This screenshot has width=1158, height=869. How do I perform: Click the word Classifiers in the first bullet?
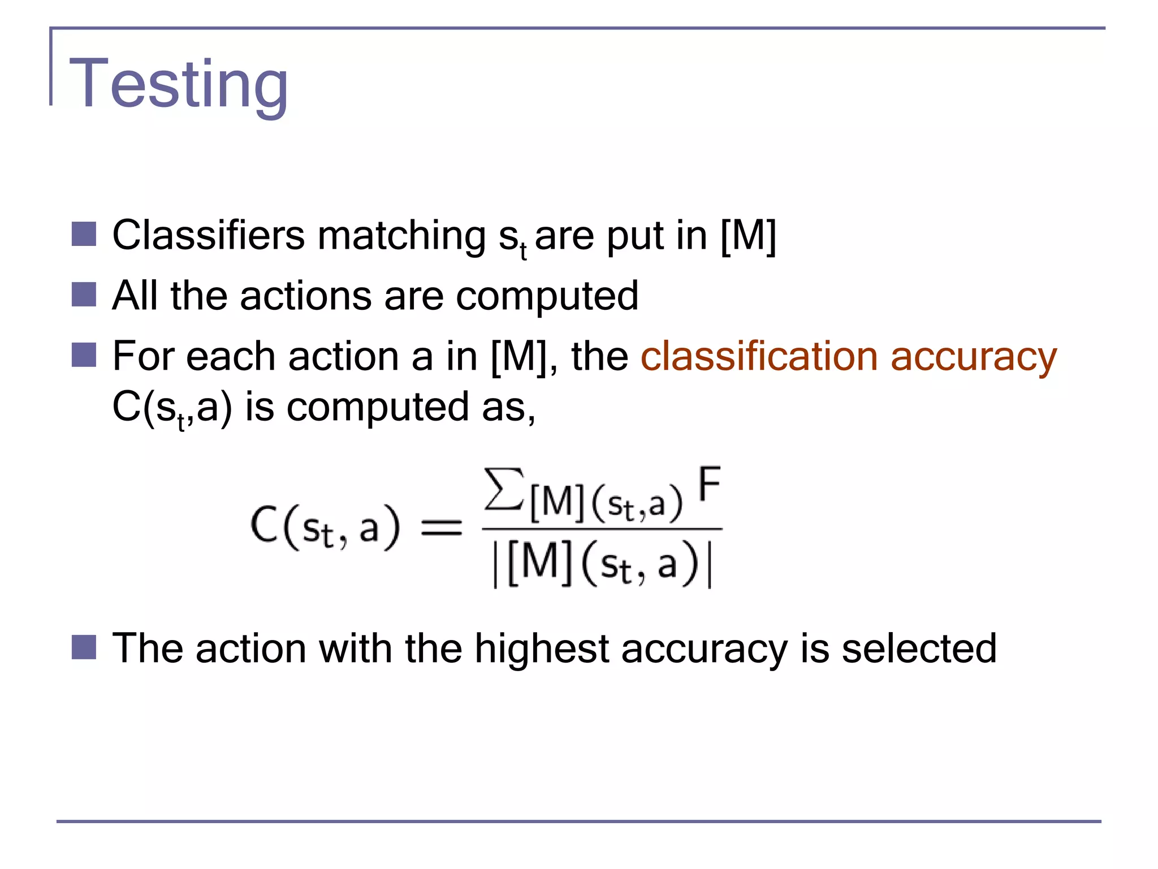click(208, 235)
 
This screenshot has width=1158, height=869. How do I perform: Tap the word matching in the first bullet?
click(401, 236)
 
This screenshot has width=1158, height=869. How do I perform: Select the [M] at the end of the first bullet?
click(748, 235)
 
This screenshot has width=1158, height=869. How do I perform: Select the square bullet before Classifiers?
click(84, 234)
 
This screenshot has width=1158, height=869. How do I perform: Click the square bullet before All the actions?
click(84, 295)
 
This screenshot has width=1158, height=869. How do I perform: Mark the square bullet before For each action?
click(84, 355)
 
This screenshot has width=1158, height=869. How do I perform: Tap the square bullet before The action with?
click(84, 647)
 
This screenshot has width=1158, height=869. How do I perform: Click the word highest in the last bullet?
click(541, 648)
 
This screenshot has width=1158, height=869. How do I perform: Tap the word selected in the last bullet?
click(919, 648)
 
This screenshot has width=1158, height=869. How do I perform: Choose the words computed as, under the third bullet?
click(411, 407)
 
